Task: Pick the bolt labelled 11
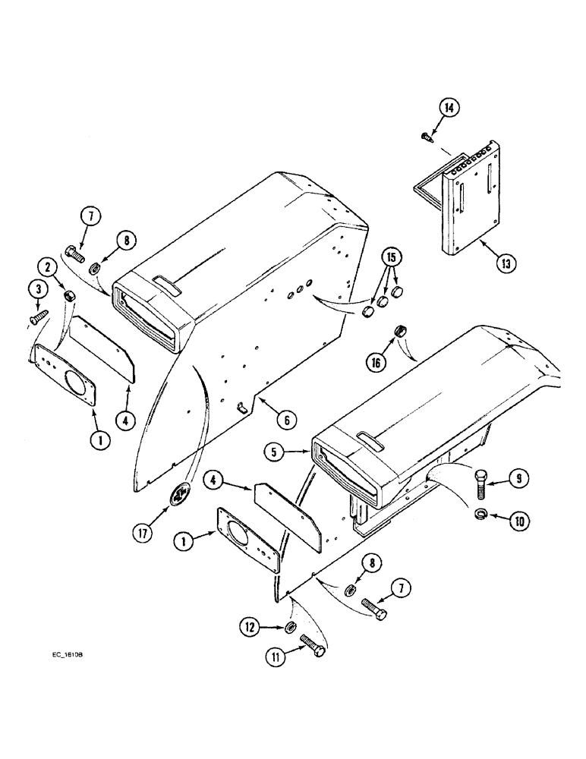(x=313, y=644)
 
